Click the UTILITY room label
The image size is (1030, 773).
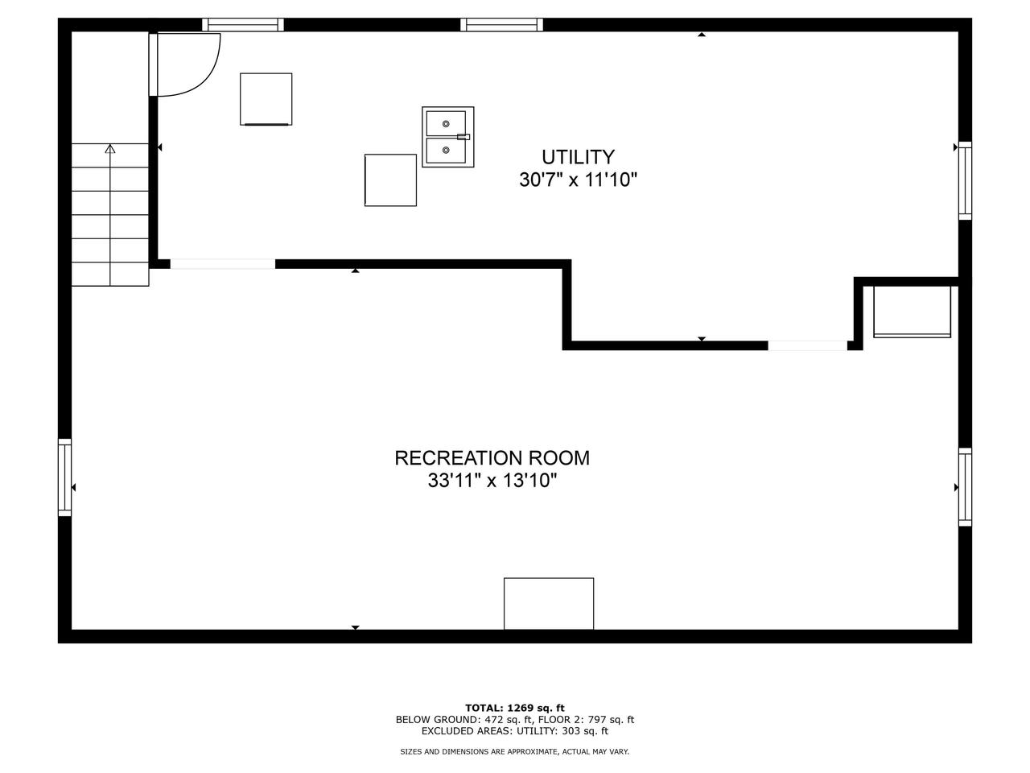pos(578,157)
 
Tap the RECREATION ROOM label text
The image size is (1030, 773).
pos(492,458)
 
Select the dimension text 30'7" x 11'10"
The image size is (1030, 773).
pos(578,180)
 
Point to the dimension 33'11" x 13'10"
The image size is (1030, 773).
pos(492,482)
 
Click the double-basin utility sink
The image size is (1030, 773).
pos(448,137)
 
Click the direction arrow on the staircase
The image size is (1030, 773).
pos(110,149)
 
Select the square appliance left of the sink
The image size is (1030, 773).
pos(266,99)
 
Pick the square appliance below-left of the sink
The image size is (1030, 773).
pos(390,180)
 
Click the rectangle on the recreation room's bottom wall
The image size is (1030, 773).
pos(549,603)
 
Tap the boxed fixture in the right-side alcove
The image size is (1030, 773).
pos(912,312)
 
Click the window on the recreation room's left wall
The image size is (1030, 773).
pos(64,477)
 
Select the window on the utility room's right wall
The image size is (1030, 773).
pos(965,180)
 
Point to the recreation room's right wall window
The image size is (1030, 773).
pos(965,487)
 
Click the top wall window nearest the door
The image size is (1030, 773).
pos(243,25)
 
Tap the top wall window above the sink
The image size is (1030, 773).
pos(501,25)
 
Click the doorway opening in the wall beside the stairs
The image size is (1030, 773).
pos(222,264)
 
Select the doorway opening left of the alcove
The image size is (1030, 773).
pos(807,345)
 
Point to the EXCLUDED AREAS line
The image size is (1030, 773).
pos(515,731)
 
